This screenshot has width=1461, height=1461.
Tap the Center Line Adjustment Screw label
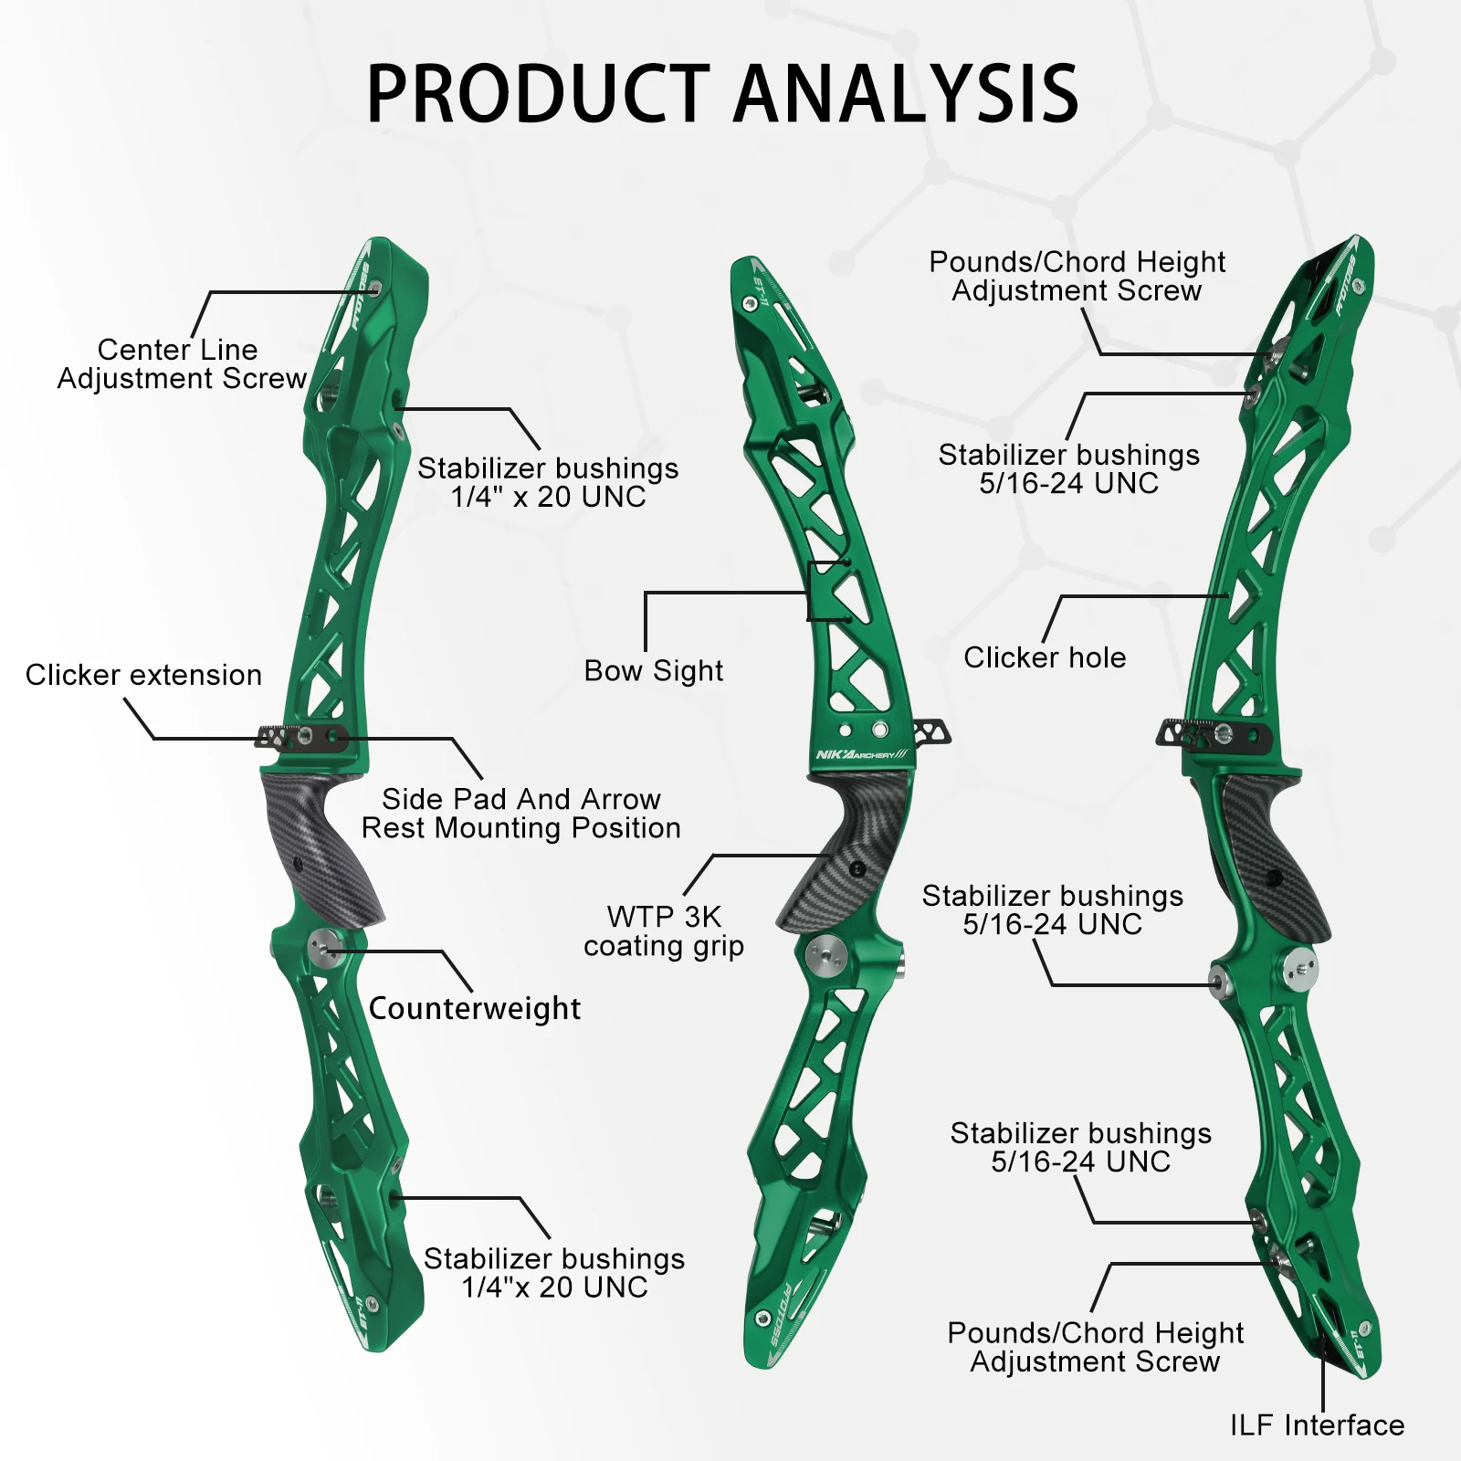coord(181,363)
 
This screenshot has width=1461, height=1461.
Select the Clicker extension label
coord(143,675)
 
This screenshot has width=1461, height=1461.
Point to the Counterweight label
coord(474,1008)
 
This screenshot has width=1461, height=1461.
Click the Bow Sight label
coord(653,671)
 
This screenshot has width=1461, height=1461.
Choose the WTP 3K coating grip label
coord(664,930)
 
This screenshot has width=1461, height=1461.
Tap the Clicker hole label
coord(1045,657)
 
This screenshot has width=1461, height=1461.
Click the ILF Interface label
coord(1317,1424)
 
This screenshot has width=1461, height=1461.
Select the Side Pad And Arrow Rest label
coord(520,814)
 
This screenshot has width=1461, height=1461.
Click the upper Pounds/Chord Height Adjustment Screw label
coord(1077,276)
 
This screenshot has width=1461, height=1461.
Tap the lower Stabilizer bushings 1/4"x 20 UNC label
coord(554,1273)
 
